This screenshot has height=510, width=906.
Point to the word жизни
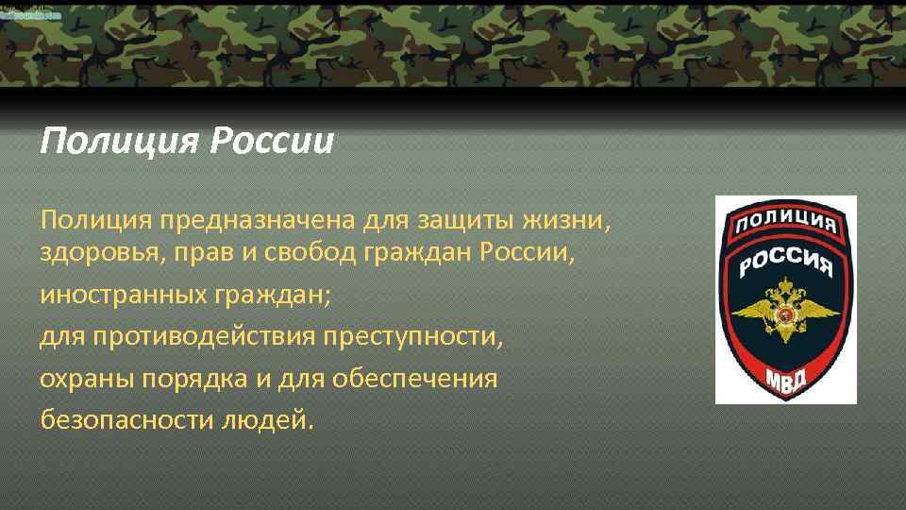tap(569, 221)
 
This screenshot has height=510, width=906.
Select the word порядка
tap(182, 378)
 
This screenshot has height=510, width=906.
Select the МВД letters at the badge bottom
tap(785, 374)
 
